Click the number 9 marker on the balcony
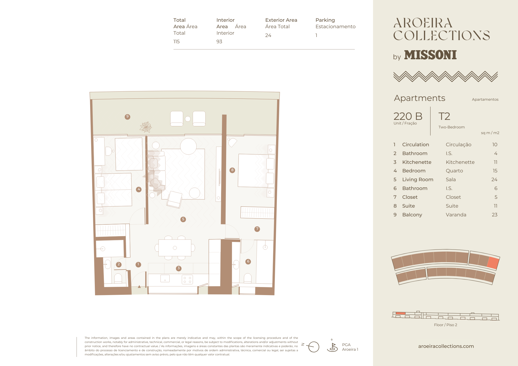point(127,117)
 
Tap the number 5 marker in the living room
point(183,219)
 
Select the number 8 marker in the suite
point(232,170)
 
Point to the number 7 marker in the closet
point(257,229)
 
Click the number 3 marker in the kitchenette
point(179,268)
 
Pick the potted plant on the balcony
point(146,127)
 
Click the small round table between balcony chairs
point(188,119)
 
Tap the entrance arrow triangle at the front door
point(139,287)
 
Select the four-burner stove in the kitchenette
point(187,280)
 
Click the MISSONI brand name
point(430,55)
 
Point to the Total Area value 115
point(177,42)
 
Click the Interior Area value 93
point(219,42)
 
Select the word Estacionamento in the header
point(335,27)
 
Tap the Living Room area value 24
point(494,180)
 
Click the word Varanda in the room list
point(456,215)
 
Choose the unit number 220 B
point(408,116)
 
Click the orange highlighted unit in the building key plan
point(493,263)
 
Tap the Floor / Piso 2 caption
point(445,325)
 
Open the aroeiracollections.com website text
point(446,346)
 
